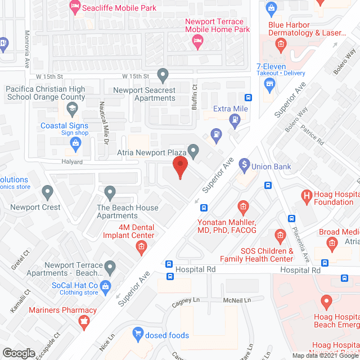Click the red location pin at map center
[179, 168]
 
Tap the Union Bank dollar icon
[244, 165]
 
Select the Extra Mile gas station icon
[235, 119]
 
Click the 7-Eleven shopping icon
[269, 84]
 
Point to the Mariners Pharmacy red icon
[84, 321]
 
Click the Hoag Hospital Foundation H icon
[307, 196]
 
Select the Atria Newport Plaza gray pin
[193, 150]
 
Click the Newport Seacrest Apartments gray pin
[163, 74]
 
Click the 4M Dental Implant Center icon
[142, 246]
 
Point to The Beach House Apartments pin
[110, 193]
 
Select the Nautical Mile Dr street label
[103, 123]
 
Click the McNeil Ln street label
[236, 300]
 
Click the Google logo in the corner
[18, 353]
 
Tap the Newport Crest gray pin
[48, 193]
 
